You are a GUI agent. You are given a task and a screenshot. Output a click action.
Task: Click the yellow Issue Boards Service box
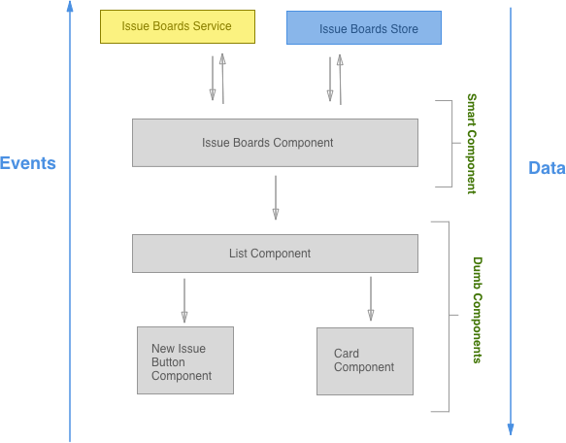(178, 26)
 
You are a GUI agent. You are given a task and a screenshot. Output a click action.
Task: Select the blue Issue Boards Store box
(363, 29)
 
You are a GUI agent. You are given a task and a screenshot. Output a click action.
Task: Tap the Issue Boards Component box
(275, 143)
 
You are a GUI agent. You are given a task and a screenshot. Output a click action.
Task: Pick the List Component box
(275, 254)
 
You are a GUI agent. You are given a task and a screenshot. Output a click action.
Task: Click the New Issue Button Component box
(184, 361)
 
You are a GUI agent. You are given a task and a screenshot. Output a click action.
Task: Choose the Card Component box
(364, 360)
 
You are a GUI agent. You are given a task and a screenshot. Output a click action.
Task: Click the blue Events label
(27, 163)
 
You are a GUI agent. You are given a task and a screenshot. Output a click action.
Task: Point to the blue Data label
(546, 168)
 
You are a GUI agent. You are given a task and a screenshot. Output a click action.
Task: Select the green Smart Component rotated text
(472, 143)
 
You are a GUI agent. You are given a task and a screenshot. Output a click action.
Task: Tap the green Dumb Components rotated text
(478, 309)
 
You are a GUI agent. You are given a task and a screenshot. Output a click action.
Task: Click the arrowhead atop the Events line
(70, 8)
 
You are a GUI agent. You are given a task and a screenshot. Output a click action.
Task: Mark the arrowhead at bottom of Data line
(511, 428)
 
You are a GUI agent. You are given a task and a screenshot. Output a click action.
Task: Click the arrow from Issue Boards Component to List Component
(276, 197)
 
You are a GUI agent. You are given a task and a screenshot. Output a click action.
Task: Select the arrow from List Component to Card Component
(370, 298)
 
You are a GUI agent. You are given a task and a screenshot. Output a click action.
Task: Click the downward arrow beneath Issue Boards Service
(212, 79)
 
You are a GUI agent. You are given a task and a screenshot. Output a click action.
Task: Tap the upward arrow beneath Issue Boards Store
(339, 79)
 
